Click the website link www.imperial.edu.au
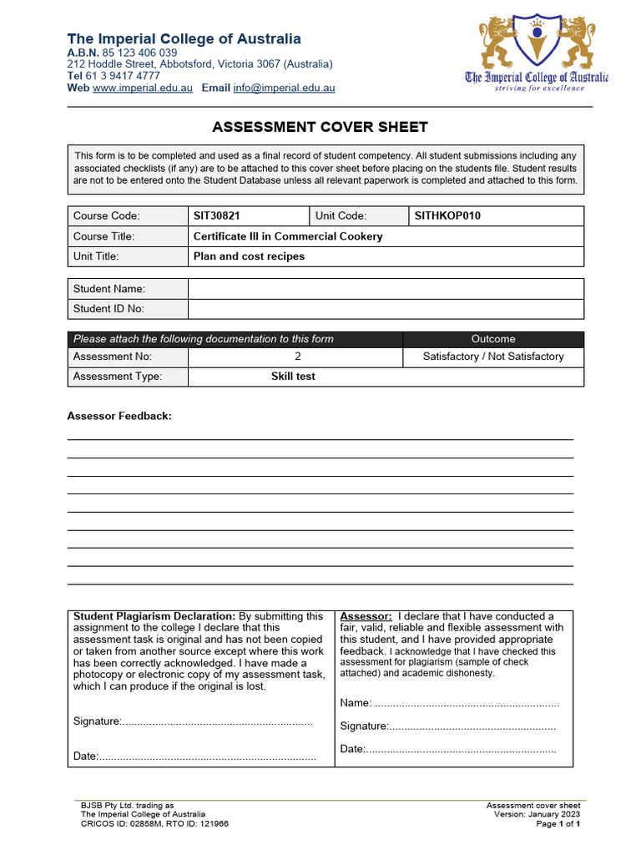pyautogui.click(x=143, y=88)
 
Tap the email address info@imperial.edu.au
pyautogui.click(x=284, y=88)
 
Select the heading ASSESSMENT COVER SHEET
pyautogui.click(x=320, y=128)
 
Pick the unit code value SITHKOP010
pyautogui.click(x=447, y=216)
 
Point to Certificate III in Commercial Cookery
pyautogui.click(x=288, y=236)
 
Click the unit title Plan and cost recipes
pyautogui.click(x=249, y=256)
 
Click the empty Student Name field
pyautogui.click(x=385, y=289)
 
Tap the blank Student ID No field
pyautogui.click(x=385, y=309)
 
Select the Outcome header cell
pyautogui.click(x=493, y=339)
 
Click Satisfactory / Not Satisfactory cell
pyautogui.click(x=493, y=357)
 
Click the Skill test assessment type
pyautogui.click(x=293, y=377)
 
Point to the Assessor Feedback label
pyautogui.click(x=119, y=416)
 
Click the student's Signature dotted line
pyautogui.click(x=217, y=721)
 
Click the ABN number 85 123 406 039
pyautogui.click(x=139, y=53)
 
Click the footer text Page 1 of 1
pyautogui.click(x=558, y=824)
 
